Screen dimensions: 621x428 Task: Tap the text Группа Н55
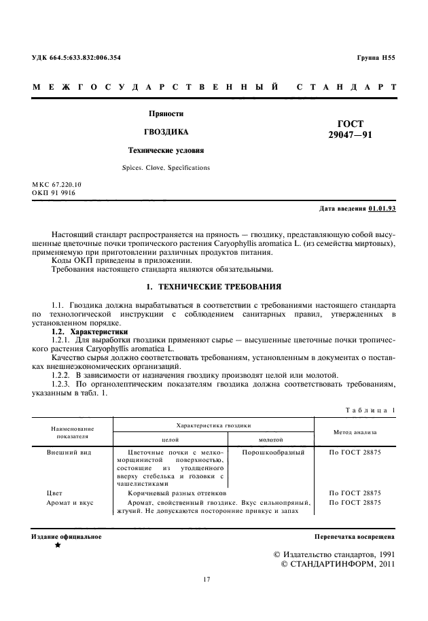(x=375, y=58)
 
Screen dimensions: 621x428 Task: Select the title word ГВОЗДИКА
(x=166, y=131)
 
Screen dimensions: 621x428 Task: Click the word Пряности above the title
(x=166, y=113)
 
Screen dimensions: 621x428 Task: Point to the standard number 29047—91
(x=350, y=135)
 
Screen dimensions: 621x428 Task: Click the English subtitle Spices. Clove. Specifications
(x=166, y=167)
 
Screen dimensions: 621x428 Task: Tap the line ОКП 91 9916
(x=54, y=193)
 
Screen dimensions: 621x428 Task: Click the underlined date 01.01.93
(x=382, y=208)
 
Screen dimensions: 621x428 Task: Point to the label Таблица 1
(x=370, y=410)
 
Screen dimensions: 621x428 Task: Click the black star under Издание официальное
(x=57, y=546)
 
